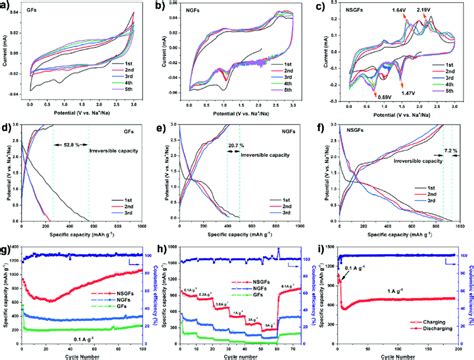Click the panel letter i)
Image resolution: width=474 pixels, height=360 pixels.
point(324,249)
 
